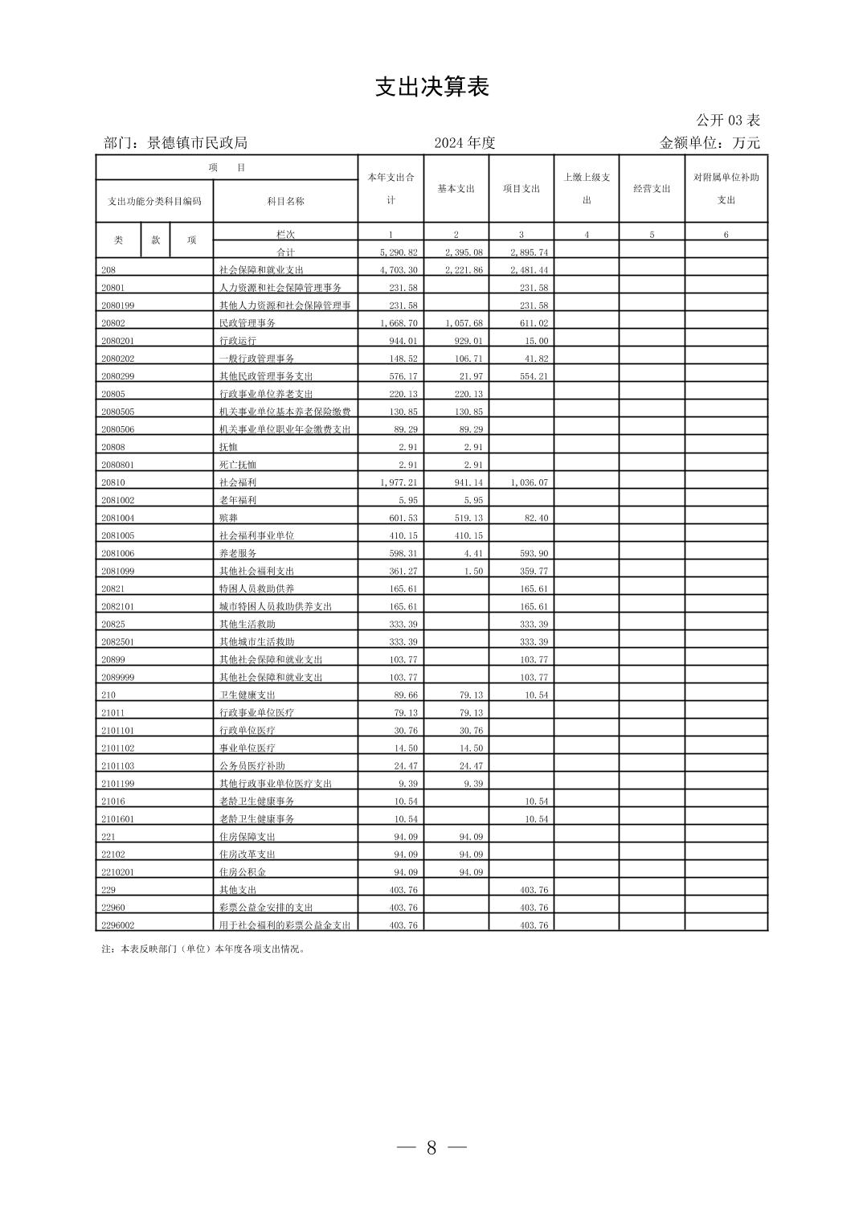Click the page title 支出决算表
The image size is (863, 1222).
tap(431, 88)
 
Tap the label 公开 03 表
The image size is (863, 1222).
tap(727, 121)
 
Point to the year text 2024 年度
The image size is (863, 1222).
tap(464, 143)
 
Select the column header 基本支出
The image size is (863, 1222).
tap(456, 189)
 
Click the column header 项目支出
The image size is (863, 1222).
tap(521, 189)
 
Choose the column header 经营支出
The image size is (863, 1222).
tap(652, 189)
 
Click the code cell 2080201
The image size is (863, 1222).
tap(118, 341)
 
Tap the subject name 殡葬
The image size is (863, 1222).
tap(228, 518)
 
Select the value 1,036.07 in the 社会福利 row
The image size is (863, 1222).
tap(529, 482)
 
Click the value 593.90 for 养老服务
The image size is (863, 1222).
tap(534, 553)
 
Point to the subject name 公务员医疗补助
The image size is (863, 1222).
tap(252, 765)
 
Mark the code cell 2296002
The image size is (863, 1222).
tap(118, 925)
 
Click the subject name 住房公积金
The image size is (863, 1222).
tap(243, 872)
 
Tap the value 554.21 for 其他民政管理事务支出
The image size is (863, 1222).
tap(534, 376)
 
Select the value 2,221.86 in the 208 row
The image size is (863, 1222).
tap(464, 270)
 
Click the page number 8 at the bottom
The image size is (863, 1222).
tap(431, 1148)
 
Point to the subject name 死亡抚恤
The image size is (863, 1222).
tap(238, 465)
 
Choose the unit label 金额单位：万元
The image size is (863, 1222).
tap(709, 143)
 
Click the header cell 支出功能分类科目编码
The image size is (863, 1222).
tap(154, 201)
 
